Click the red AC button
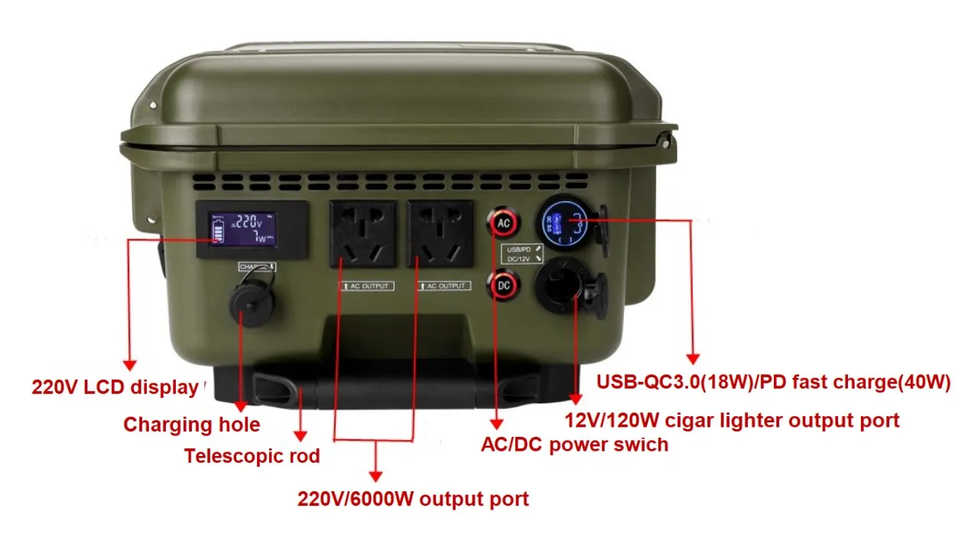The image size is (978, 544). pos(503,223)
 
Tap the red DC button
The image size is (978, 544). pos(504,285)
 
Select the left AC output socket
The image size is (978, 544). pos(362,234)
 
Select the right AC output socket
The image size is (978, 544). pos(439,234)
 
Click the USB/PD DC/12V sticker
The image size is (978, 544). pos(524,254)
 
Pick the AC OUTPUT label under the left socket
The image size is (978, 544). pos(367,286)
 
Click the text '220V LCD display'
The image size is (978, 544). pos(115,387)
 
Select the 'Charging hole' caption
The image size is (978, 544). pos(191,425)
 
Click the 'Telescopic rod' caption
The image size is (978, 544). pos(252,457)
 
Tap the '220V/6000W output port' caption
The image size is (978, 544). pos(413,500)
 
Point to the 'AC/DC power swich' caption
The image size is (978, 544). pos(574,445)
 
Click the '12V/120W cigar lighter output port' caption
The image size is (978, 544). pos(732,420)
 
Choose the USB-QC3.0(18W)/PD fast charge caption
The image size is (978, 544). pos(773,383)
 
